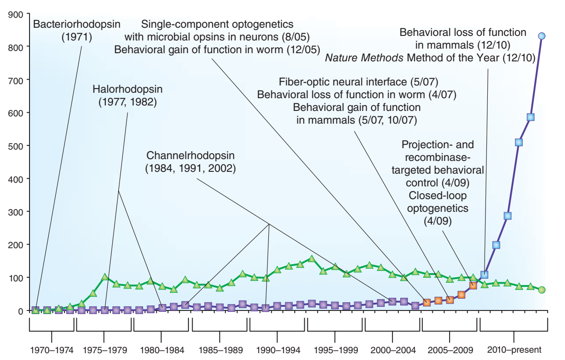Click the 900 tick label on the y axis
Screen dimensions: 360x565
(16, 14)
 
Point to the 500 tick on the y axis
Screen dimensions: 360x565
(16, 145)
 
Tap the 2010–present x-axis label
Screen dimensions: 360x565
(514, 350)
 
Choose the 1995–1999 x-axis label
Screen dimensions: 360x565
(336, 350)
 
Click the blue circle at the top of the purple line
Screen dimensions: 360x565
(541, 36)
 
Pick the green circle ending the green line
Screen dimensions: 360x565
(541, 290)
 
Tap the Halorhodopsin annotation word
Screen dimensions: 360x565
(127, 89)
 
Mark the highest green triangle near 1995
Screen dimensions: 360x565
(312, 259)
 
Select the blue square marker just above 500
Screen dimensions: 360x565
(519, 142)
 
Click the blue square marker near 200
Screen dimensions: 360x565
(496, 245)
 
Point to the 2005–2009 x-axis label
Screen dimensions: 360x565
(450, 350)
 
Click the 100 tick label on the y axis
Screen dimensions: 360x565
(16, 278)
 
